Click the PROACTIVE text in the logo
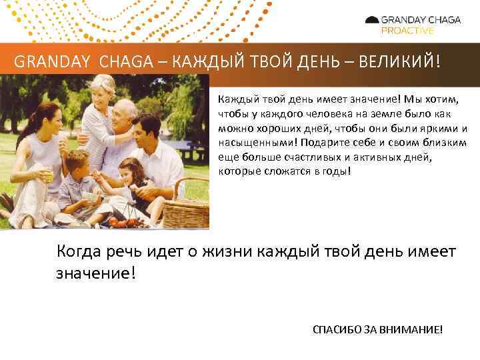(407, 31)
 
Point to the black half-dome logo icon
(372, 20)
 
